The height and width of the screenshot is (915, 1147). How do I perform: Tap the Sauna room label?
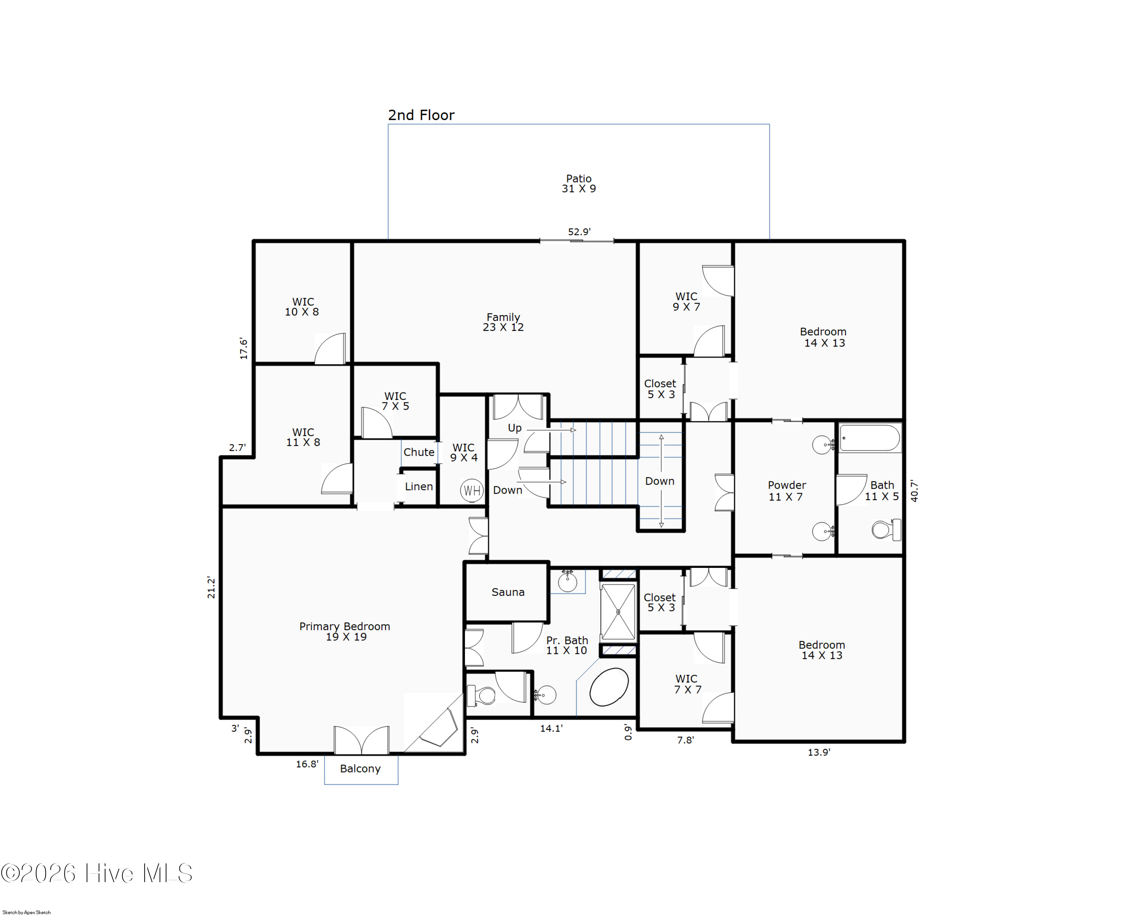[x=508, y=592]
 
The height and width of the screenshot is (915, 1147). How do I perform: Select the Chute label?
[x=419, y=452]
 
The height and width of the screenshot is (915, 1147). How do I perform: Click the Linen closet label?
[x=419, y=486]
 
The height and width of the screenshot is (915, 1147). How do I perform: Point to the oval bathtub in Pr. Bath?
[x=609, y=687]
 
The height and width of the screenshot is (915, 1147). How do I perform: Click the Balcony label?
[x=360, y=769]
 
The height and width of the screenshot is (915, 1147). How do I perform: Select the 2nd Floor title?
[x=421, y=115]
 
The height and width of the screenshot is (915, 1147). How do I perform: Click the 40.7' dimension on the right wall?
[x=914, y=491]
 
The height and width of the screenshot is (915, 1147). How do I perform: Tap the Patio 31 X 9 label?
[x=579, y=184]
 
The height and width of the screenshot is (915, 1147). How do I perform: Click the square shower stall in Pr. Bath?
[x=618, y=612]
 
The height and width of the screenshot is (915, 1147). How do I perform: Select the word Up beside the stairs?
[x=515, y=428]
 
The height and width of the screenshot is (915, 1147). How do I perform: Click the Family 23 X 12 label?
[x=503, y=322]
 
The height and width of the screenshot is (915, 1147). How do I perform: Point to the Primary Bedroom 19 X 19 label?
[x=345, y=631]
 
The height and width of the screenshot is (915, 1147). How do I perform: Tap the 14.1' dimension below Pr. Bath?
[x=551, y=728]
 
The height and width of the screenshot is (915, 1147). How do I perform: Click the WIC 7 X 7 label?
[x=687, y=684]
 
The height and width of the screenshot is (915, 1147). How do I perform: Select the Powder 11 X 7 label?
[x=786, y=491]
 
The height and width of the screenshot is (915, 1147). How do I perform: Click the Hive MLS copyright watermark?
[x=96, y=873]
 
